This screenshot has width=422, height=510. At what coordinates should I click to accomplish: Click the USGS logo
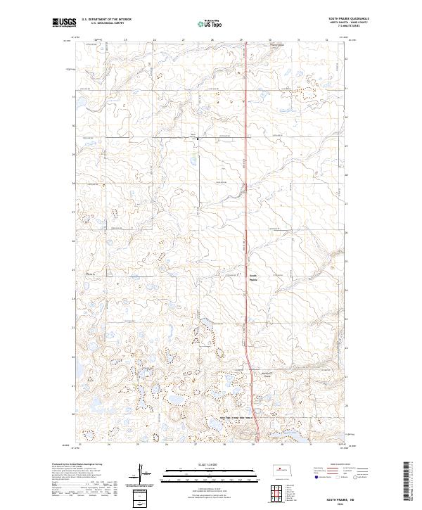pyautogui.click(x=65, y=23)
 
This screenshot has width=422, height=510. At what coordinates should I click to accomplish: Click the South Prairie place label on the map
pyautogui.click(x=254, y=277)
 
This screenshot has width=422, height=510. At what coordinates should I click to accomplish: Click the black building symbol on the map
pyautogui.click(x=197, y=139)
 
